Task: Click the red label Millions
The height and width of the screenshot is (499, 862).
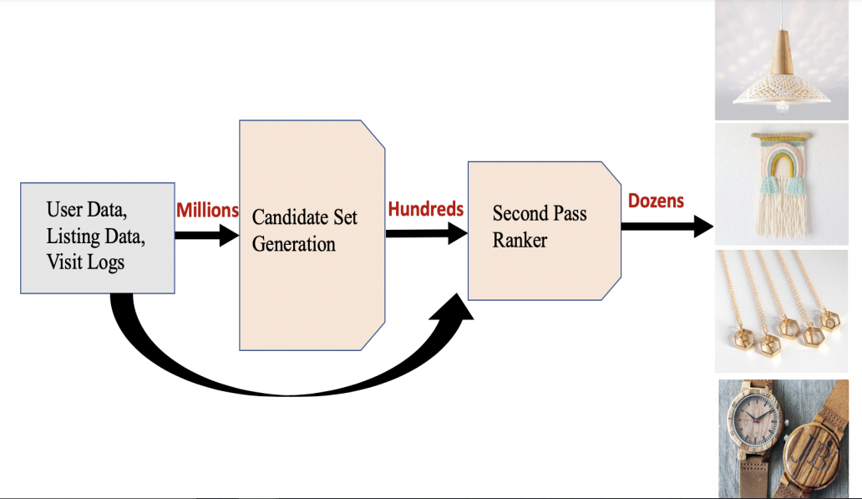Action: click(x=207, y=211)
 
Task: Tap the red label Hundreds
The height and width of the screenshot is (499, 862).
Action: click(x=425, y=209)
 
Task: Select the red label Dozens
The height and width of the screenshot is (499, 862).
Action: click(x=656, y=201)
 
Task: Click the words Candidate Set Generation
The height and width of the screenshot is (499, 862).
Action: click(x=305, y=231)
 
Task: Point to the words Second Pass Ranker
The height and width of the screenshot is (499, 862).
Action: click(x=540, y=226)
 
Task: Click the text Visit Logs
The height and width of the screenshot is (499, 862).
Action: click(x=85, y=262)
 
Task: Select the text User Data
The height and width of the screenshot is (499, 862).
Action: click(x=87, y=208)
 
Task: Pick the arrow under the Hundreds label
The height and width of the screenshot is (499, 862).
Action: click(x=425, y=233)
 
